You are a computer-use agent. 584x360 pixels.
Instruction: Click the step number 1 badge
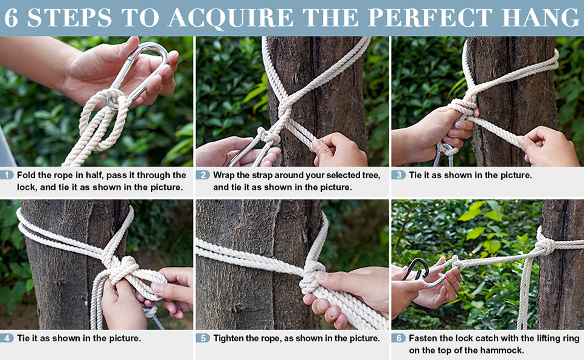(7, 175)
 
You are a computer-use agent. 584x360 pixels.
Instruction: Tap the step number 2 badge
(203, 175)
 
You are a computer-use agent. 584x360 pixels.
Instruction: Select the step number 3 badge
(398, 175)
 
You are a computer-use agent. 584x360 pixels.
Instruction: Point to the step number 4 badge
(7, 338)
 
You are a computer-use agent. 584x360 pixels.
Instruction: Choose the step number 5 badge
(203, 338)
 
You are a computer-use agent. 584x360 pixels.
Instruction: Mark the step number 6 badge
(398, 338)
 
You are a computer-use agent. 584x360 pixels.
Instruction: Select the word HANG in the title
(546, 18)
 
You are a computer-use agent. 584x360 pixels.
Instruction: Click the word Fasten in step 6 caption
(425, 338)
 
